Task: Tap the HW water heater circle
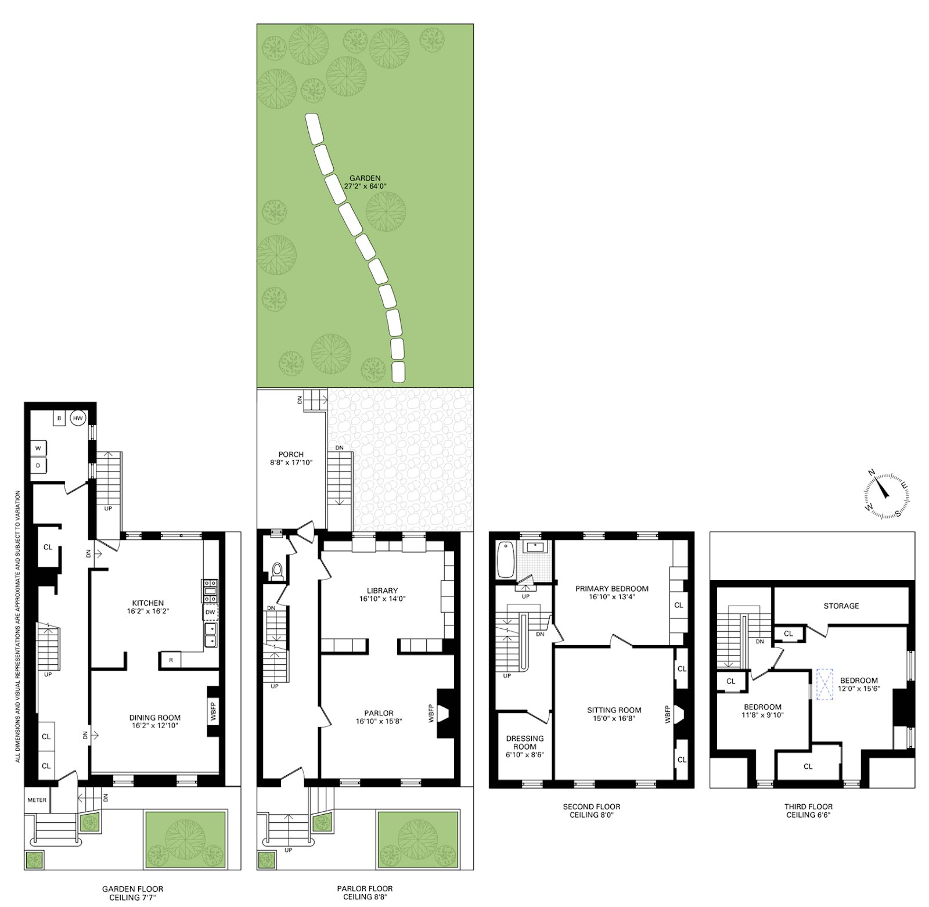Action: [78, 417]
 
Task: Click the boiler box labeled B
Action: [59, 417]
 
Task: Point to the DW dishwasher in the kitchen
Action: [210, 612]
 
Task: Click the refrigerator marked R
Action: [171, 660]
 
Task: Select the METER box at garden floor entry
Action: [37, 800]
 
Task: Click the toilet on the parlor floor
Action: [277, 571]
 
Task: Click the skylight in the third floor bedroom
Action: [824, 685]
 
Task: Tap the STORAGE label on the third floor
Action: [841, 606]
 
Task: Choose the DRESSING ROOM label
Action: [524, 743]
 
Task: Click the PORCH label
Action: [291, 454]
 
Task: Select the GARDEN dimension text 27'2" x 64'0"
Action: [365, 186]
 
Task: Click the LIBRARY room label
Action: [382, 591]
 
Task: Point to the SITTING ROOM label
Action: [614, 710]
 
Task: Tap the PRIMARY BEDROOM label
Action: [612, 588]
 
